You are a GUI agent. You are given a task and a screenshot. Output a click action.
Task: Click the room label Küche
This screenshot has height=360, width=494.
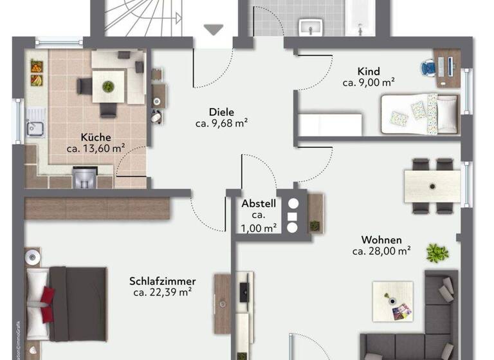click(96, 137)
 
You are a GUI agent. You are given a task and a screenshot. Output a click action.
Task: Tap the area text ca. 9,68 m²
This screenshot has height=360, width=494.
click(222, 122)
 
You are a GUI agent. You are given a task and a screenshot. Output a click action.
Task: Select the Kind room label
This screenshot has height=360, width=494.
click(369, 71)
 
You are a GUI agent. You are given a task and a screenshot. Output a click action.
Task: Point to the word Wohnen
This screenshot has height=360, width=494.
click(381, 240)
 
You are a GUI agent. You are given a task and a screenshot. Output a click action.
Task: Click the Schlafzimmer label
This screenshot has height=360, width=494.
click(162, 281)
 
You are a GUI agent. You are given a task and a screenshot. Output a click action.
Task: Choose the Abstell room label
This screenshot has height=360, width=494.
click(259, 204)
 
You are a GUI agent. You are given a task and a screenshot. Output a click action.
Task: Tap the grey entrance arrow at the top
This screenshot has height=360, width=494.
click(213, 29)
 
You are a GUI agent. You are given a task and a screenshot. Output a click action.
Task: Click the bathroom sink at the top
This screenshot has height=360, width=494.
click(311, 27)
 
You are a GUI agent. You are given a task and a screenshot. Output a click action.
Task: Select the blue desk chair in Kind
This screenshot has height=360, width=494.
click(428, 66)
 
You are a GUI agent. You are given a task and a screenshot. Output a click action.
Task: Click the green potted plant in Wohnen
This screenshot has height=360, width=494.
click(437, 252)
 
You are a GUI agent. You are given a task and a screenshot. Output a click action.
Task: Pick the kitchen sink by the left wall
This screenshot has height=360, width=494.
click(34, 124)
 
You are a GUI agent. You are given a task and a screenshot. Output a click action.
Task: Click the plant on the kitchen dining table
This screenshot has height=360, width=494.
click(108, 85)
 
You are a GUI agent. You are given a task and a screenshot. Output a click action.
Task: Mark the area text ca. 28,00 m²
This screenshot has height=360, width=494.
click(381, 251)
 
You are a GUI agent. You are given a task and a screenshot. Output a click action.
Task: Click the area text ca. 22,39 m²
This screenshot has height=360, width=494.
click(163, 292)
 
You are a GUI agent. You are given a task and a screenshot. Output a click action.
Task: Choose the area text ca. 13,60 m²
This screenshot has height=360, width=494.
click(96, 148)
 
